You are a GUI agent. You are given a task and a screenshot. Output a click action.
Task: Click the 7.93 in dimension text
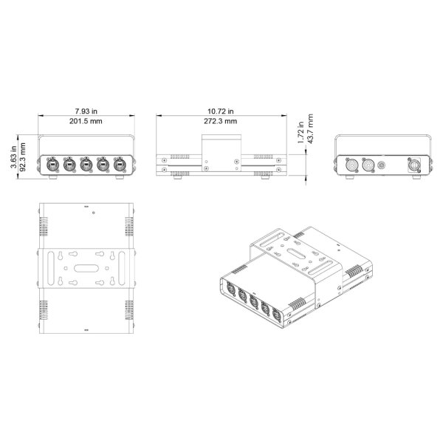(87, 110)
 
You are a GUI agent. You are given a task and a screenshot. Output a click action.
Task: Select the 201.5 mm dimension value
(87, 120)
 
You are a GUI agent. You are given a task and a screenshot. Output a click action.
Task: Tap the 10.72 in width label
(220, 110)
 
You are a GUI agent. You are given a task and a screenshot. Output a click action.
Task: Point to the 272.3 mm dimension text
(220, 120)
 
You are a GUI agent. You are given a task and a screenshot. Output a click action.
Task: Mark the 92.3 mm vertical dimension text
(24, 157)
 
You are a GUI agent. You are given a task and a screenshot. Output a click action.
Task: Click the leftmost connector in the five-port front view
(53, 165)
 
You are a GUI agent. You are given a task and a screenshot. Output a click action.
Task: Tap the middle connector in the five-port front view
(86, 165)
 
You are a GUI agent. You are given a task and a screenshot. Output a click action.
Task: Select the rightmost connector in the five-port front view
(120, 165)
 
